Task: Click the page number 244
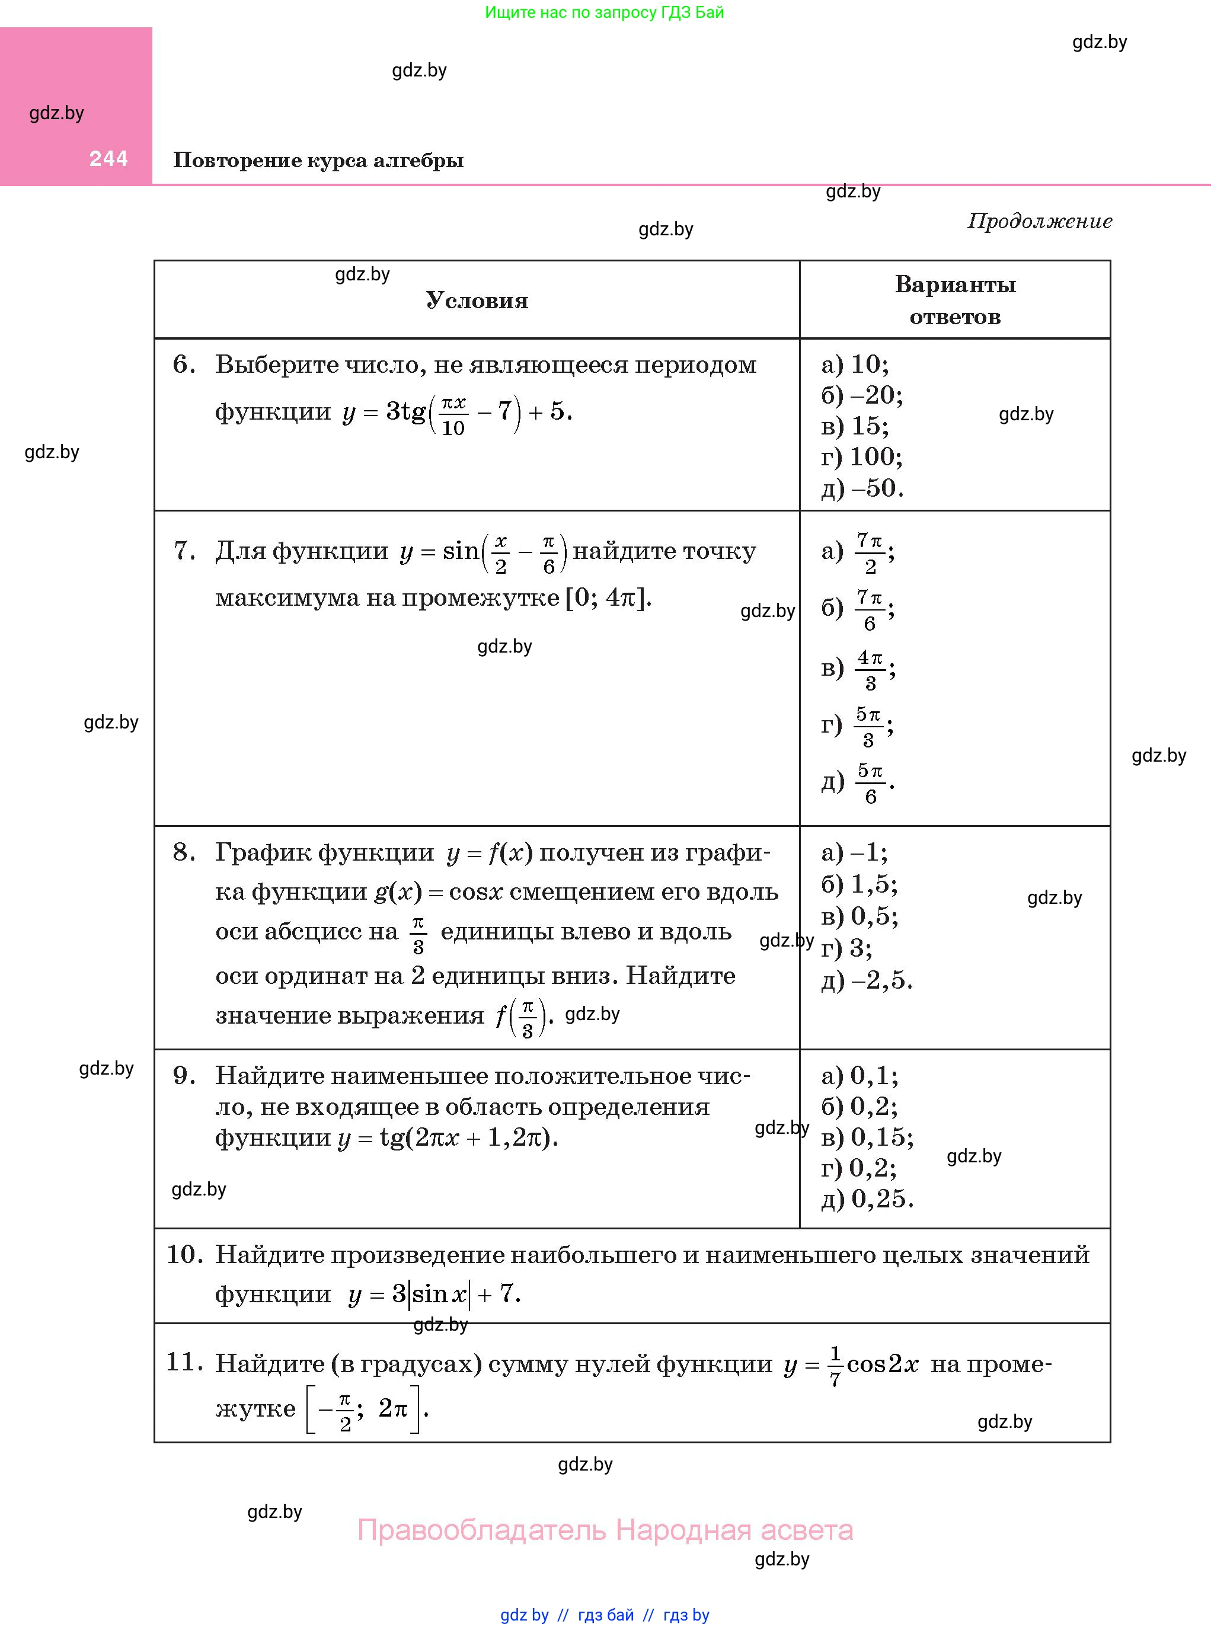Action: point(108,158)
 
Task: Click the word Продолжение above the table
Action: point(1040,220)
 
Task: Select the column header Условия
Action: point(477,301)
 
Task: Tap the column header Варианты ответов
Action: point(954,301)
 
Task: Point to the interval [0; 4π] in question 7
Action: point(608,599)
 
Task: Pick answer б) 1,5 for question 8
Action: point(859,884)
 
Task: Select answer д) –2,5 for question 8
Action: point(867,980)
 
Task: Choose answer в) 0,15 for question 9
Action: point(867,1137)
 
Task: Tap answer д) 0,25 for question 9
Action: point(867,1199)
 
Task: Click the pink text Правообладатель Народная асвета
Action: point(605,1530)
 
